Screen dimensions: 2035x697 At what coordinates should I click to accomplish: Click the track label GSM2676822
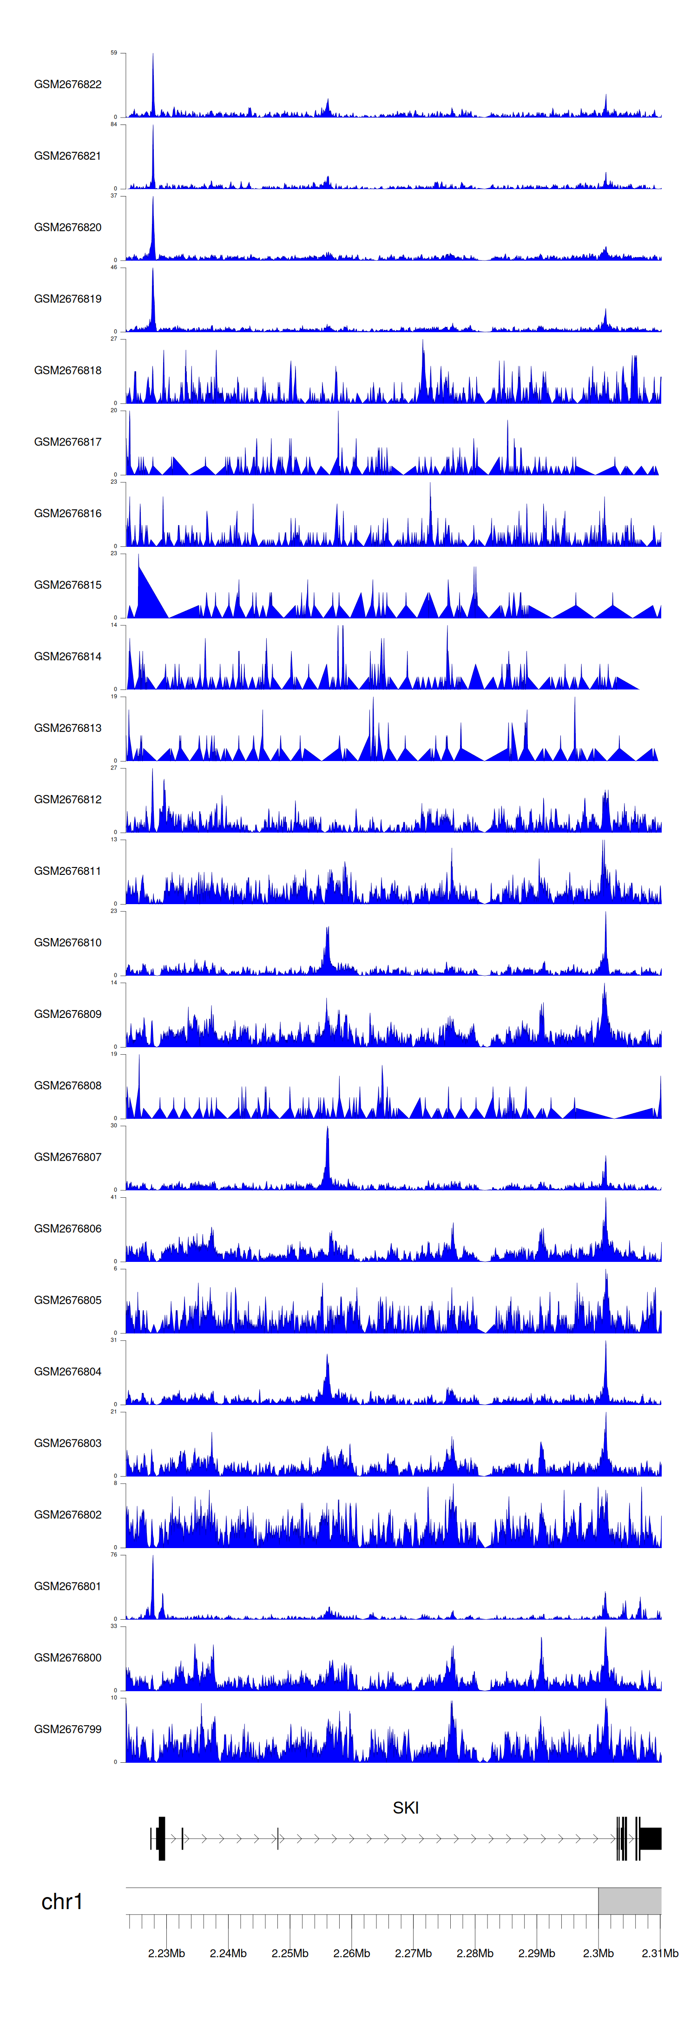pos(67,85)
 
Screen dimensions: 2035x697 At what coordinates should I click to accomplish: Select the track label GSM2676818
pos(67,370)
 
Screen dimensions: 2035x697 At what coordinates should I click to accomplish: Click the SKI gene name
pos(405,1807)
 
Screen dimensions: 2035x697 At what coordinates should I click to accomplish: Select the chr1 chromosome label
pos(62,1902)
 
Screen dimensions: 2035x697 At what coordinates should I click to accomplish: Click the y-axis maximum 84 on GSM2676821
pos(114,125)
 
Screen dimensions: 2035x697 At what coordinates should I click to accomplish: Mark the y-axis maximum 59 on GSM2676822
pos(114,53)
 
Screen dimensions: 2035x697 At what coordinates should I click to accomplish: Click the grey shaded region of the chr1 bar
pos(629,1901)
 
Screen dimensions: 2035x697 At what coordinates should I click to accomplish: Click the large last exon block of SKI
pos(651,1838)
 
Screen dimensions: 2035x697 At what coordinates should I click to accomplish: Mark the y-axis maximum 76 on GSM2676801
pos(114,1555)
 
